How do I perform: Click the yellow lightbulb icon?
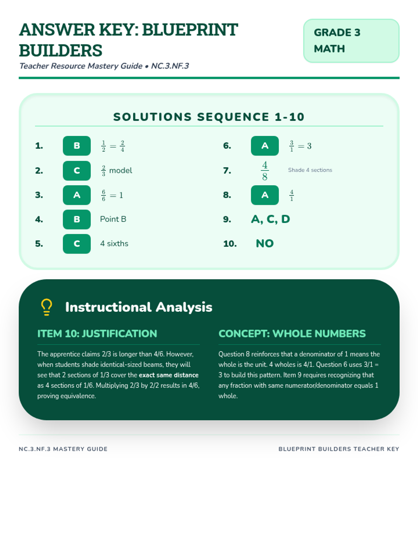coord(46,307)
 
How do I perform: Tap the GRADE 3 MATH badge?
coord(351,41)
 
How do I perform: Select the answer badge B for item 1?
coord(77,146)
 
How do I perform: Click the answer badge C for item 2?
coord(77,171)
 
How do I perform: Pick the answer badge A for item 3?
coord(77,195)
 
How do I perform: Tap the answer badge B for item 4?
coord(77,220)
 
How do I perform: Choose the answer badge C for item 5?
coord(77,244)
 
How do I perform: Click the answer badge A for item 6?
coord(265,146)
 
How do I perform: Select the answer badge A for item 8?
coord(265,195)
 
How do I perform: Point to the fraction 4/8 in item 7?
coord(265,171)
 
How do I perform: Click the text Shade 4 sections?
coord(310,170)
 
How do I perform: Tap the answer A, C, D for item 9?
coord(270,219)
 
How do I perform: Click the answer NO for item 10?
coord(265,244)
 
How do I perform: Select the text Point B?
coord(113,219)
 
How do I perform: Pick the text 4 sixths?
coord(114,244)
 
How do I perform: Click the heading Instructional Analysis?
coord(139,307)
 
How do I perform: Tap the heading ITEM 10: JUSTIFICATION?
coord(97,334)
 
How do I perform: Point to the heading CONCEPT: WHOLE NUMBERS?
coord(292,334)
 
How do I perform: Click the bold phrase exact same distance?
coord(169,375)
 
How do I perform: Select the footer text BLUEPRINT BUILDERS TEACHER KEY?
coord(339,449)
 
